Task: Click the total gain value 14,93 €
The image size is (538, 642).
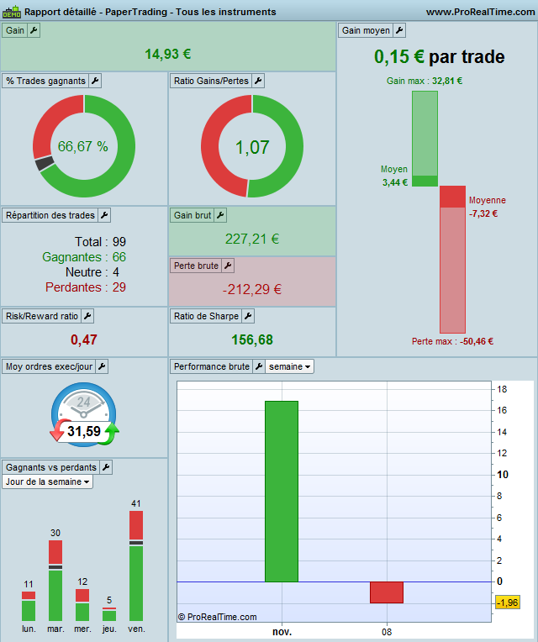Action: pos(168,54)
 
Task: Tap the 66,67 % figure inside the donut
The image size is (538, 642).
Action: pos(82,146)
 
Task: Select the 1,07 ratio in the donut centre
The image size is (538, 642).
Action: pos(252,148)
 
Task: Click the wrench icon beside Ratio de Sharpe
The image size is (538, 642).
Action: pos(248,316)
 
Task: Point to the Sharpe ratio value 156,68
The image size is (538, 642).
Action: pos(252,339)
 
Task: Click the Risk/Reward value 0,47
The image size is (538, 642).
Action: pos(84,339)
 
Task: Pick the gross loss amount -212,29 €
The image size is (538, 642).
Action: pos(252,290)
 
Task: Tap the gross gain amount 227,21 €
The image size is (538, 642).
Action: pos(252,239)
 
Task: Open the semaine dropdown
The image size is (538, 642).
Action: pos(291,366)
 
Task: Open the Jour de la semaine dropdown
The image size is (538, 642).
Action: pos(48,481)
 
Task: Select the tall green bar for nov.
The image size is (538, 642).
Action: pos(282,491)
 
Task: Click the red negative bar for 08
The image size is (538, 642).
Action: pos(387,592)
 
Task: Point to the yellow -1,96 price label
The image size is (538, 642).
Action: pos(507,603)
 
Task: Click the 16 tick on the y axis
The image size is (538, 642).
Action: pos(502,411)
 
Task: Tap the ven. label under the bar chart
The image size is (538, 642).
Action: pos(136,629)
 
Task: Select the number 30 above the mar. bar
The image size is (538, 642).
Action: pos(55,533)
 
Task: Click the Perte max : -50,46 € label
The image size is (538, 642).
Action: pos(452,341)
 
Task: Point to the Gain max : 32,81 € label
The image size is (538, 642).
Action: pos(425,82)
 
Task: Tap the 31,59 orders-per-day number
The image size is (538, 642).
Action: pos(84,431)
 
